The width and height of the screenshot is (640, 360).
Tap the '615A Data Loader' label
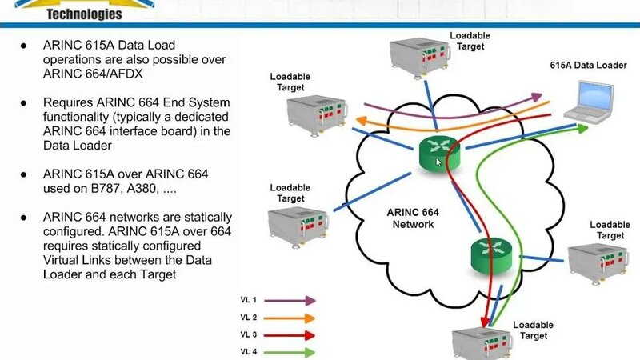tap(587, 65)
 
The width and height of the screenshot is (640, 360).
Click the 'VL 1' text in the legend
tap(250, 300)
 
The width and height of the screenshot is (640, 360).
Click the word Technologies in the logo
tap(85, 14)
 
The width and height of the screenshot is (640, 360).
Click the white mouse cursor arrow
tap(438, 162)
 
